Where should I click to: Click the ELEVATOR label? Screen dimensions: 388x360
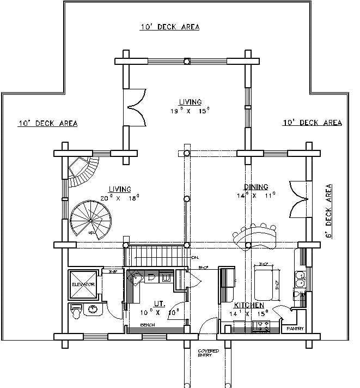pyautogui.click(x=83, y=284)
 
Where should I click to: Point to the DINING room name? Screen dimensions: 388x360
pyautogui.click(x=255, y=187)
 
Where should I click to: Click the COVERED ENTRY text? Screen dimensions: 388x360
pyautogui.click(x=208, y=353)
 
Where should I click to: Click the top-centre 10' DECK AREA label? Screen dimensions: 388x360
pyautogui.click(x=169, y=27)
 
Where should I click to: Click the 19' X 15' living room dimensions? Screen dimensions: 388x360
pyautogui.click(x=190, y=111)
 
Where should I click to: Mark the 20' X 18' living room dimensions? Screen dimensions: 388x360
pyautogui.click(x=120, y=198)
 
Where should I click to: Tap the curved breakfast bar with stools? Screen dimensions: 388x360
pyautogui.click(x=255, y=234)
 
